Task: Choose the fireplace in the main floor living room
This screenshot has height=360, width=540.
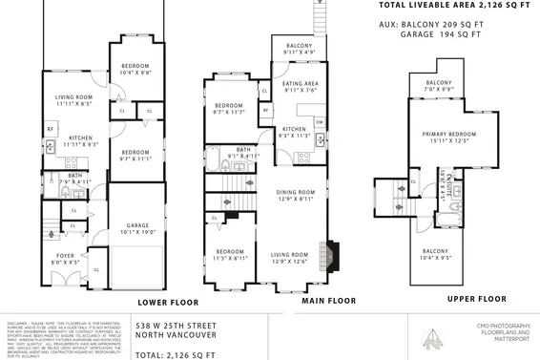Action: [x=331, y=255]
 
